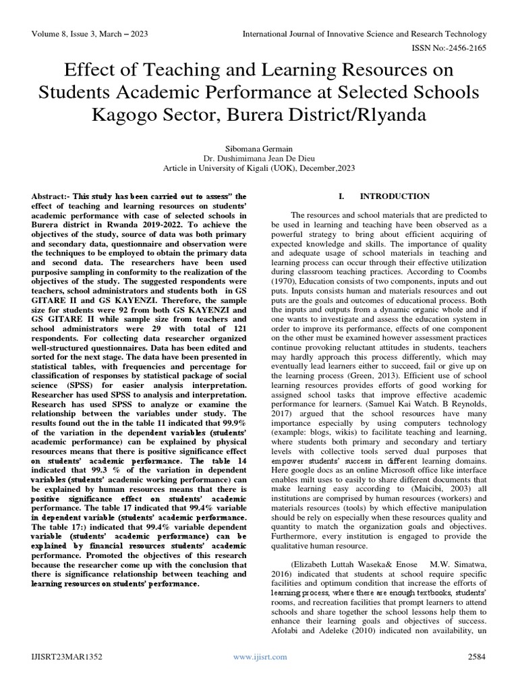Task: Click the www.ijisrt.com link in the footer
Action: click(260, 657)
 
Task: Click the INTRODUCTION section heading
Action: click(395, 196)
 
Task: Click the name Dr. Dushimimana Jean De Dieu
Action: click(259, 157)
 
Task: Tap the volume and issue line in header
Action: click(90, 34)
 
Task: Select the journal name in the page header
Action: click(364, 34)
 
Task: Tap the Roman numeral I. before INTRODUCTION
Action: click(341, 196)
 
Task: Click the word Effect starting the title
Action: click(92, 70)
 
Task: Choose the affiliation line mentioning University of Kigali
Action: click(259, 168)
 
